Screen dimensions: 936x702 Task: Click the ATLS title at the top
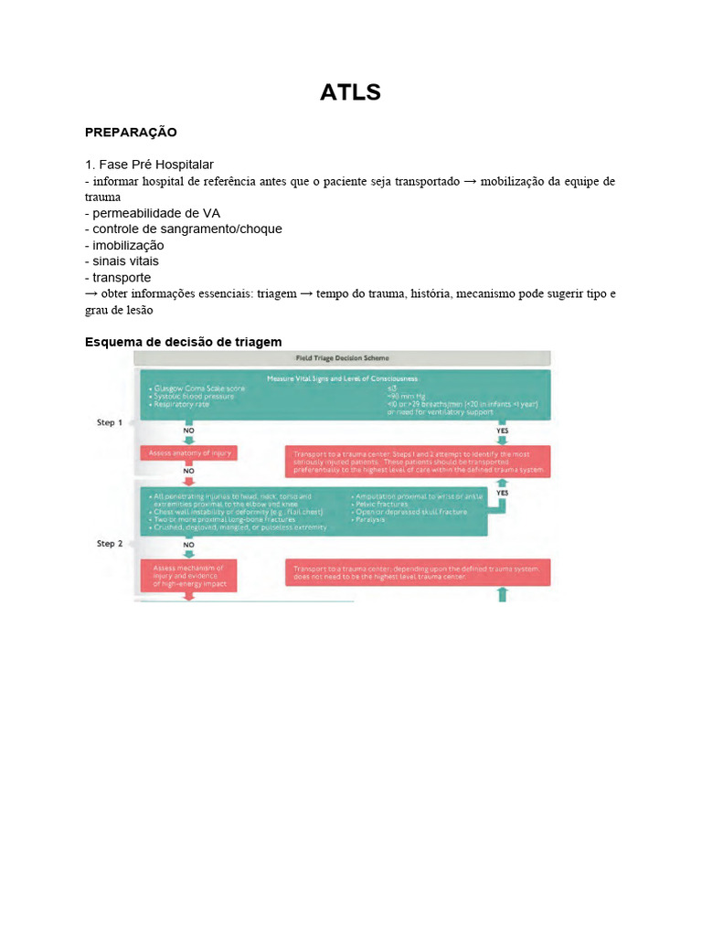350,92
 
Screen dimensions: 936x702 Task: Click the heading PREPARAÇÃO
131,133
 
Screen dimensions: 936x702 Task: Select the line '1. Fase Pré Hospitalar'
149,165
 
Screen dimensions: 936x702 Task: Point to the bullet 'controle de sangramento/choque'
184,229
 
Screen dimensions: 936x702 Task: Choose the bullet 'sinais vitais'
124,261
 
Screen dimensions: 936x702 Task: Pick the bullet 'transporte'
118,277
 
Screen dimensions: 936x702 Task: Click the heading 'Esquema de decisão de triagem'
183,342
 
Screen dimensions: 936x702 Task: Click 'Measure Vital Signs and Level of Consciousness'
342,378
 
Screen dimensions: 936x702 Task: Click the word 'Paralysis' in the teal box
375,519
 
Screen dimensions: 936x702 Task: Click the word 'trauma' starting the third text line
102,197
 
